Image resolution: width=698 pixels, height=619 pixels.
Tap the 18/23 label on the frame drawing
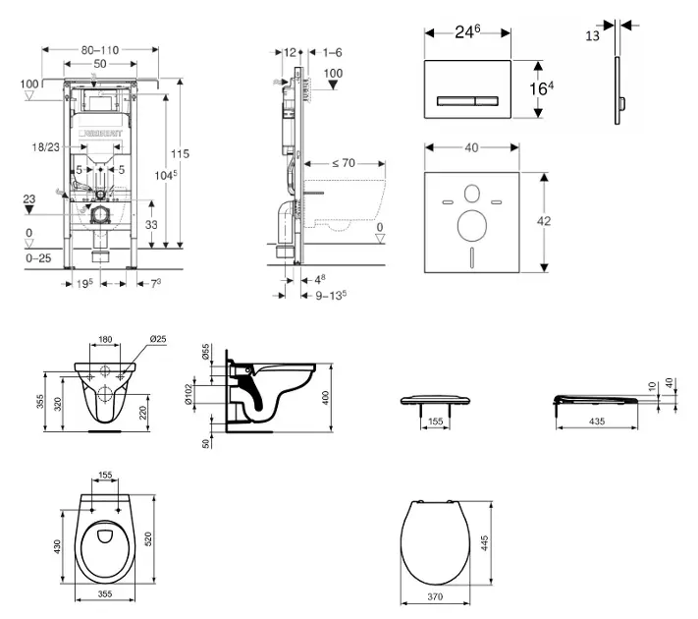45,145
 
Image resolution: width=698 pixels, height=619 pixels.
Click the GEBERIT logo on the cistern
100,129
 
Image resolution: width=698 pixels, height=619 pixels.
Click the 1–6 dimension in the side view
332,52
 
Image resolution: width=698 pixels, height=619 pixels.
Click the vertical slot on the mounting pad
471,260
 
